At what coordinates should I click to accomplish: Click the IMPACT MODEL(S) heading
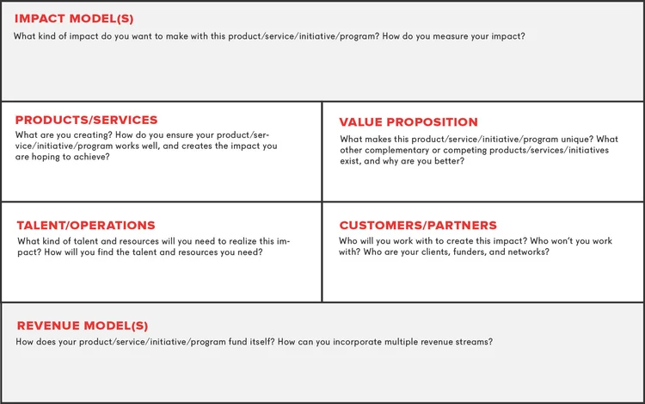pyautogui.click(x=74, y=18)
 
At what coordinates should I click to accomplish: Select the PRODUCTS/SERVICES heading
pyautogui.click(x=86, y=120)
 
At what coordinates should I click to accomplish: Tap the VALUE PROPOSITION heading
pyautogui.click(x=408, y=122)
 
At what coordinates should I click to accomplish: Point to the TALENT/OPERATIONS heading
pyautogui.click(x=86, y=226)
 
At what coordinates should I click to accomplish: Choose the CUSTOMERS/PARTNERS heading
pyautogui.click(x=418, y=226)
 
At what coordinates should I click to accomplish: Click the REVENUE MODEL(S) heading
pyautogui.click(x=83, y=326)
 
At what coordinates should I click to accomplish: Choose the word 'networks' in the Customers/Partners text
pyautogui.click(x=524, y=252)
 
